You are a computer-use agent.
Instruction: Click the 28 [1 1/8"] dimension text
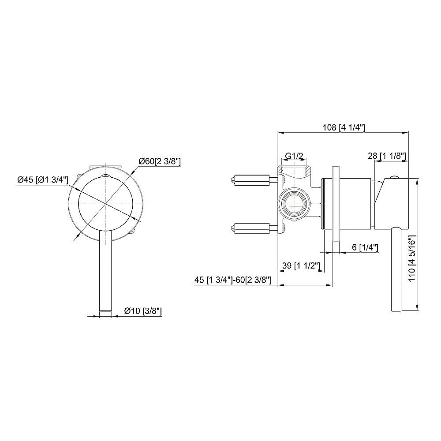(387, 156)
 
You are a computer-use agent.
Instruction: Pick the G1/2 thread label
(294, 156)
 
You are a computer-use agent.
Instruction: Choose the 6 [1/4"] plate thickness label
(366, 247)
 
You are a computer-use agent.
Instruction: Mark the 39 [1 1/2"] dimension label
(300, 265)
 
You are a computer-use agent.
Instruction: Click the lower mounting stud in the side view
(251, 228)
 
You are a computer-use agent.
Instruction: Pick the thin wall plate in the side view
(336, 209)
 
